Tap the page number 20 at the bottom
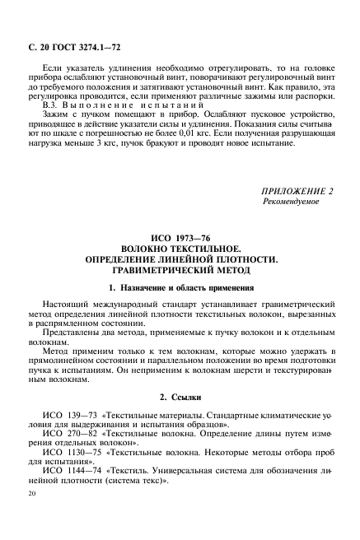click(x=32, y=518)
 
